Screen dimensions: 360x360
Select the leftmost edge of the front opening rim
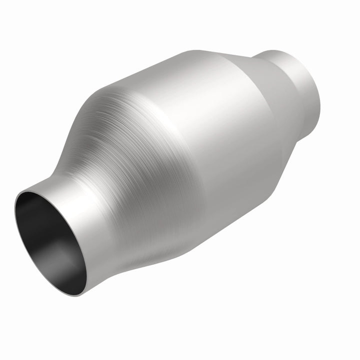pyautogui.click(x=14, y=210)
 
